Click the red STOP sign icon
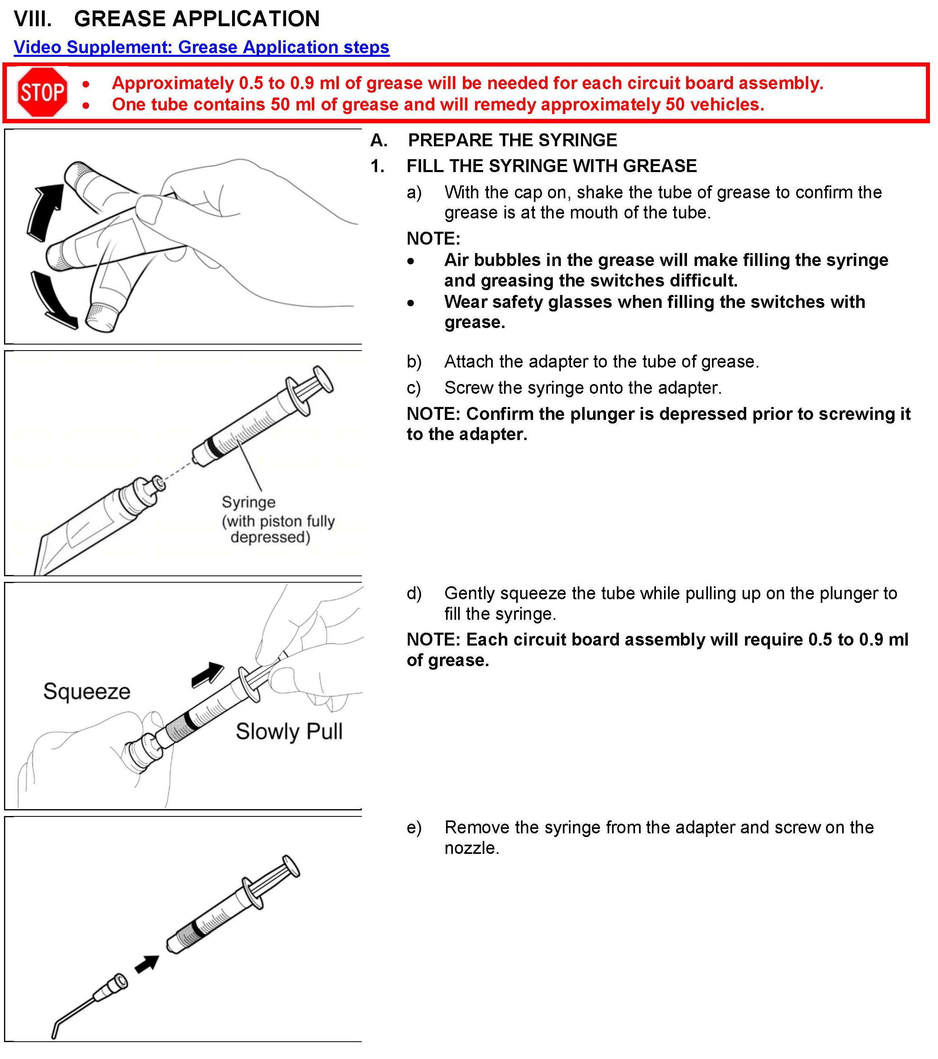pos(42,92)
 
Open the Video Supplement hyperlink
pos(201,47)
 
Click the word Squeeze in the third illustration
pos(87,691)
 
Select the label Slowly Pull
pos(289,731)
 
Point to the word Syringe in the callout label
pos(249,502)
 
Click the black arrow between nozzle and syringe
pos(147,963)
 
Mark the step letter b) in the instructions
pos(414,361)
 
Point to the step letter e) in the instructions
pos(414,827)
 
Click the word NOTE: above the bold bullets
pos(433,239)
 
